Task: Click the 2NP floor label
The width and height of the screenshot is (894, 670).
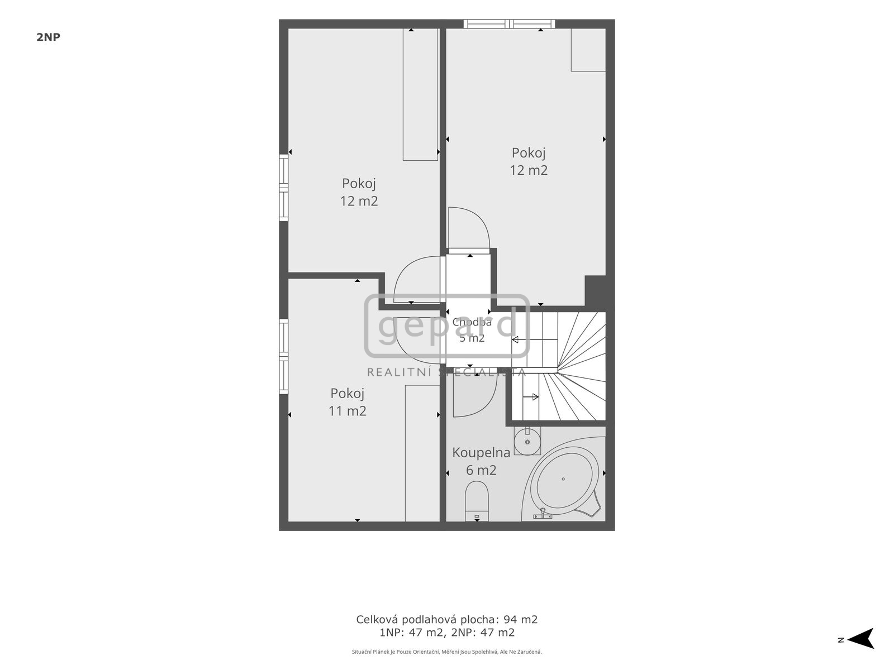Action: click(49, 37)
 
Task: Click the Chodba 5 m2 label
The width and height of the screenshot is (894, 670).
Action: click(472, 330)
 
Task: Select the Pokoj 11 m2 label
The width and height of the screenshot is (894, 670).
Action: click(348, 402)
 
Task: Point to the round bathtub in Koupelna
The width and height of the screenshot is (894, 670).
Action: click(563, 479)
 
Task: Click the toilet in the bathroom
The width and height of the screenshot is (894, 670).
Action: click(477, 501)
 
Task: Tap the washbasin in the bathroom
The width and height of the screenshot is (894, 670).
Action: click(527, 441)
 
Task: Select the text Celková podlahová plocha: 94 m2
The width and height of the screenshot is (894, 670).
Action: click(447, 620)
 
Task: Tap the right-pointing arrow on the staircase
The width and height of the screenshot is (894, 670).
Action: click(530, 396)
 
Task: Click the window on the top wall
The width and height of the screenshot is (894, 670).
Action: click(510, 23)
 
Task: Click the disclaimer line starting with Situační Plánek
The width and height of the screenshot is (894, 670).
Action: click(447, 652)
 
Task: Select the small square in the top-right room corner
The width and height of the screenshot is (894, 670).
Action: click(588, 50)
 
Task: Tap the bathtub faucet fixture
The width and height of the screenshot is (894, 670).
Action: click(543, 515)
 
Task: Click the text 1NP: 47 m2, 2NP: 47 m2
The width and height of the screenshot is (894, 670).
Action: click(447, 633)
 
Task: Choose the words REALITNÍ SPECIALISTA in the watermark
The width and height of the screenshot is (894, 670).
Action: click(447, 372)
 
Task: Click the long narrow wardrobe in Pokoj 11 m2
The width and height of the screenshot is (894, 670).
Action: click(422, 453)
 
